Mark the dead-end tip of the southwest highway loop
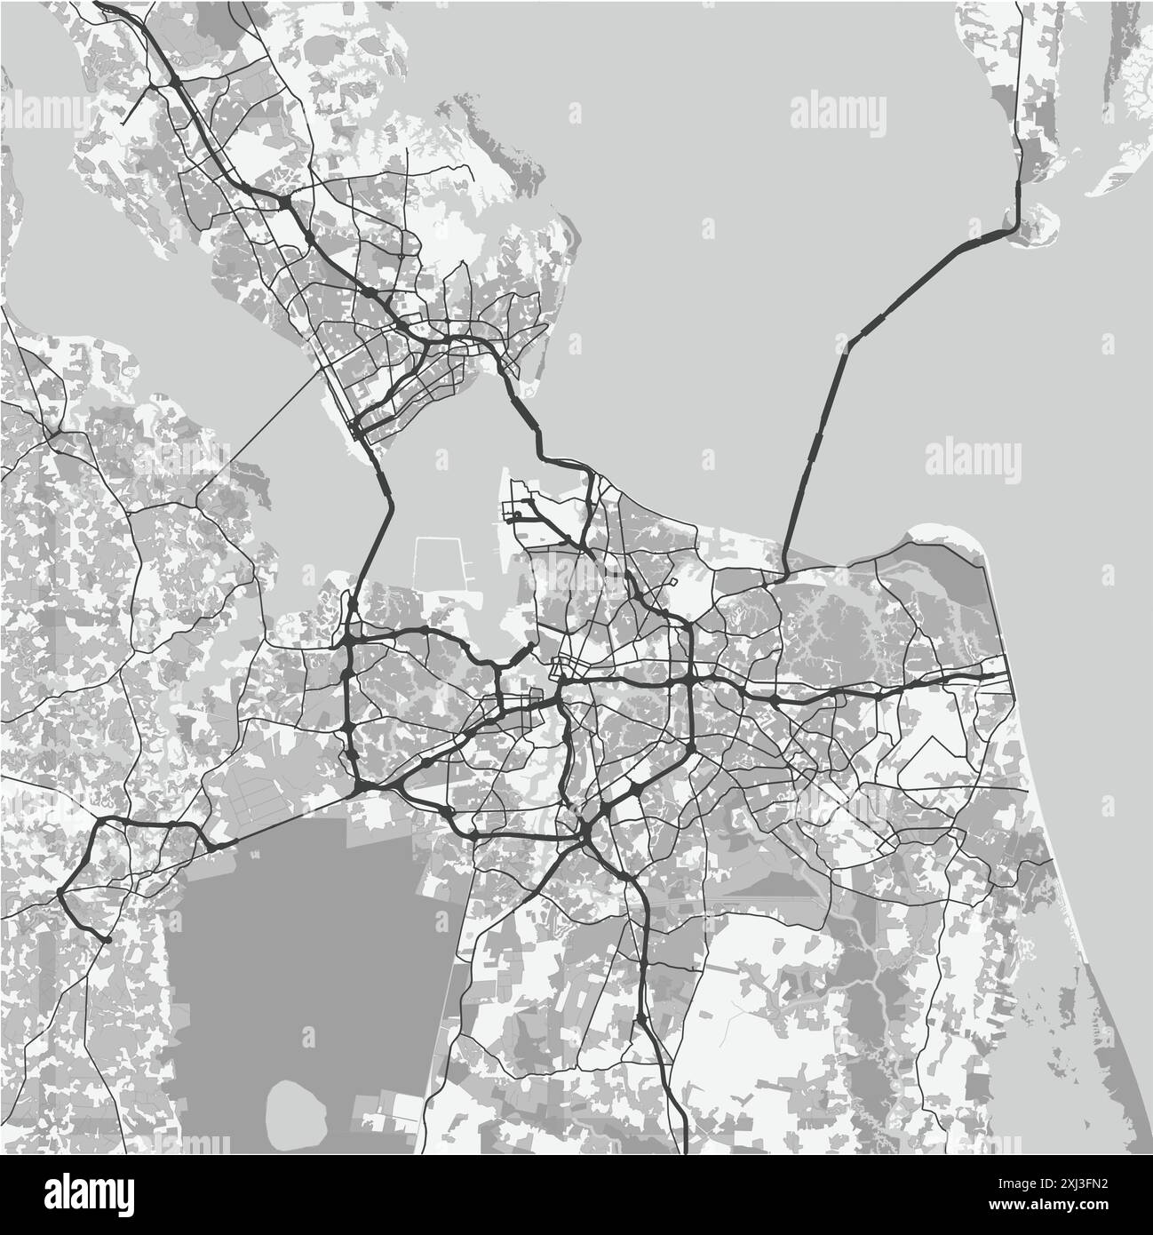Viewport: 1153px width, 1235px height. click(x=106, y=938)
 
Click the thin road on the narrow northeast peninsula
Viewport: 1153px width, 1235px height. click(x=1021, y=89)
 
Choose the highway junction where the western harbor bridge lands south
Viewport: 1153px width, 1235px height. click(x=350, y=638)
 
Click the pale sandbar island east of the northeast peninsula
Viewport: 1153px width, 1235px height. click(x=1119, y=169)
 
